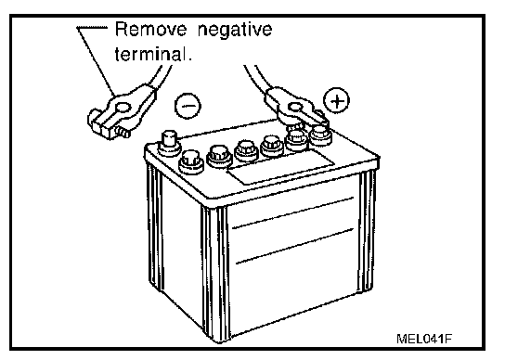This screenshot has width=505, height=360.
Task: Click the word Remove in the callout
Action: (150, 29)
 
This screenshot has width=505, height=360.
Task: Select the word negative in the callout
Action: (235, 30)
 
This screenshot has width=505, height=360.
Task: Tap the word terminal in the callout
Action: (150, 54)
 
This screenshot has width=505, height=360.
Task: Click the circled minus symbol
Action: (188, 106)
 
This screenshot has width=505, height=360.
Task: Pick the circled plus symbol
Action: (336, 100)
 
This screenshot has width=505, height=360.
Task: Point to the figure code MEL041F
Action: (424, 339)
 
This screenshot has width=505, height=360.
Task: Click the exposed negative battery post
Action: (169, 143)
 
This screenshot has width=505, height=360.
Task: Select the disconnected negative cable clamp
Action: (121, 111)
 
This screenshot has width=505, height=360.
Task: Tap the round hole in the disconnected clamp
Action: (123, 108)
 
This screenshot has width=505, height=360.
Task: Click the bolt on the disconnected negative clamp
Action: (122, 132)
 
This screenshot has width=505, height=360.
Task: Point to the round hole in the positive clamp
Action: (295, 108)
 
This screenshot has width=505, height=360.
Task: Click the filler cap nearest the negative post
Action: (191, 161)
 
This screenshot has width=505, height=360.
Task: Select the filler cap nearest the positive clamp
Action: (320, 135)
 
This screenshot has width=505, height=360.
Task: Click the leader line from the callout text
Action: (96, 61)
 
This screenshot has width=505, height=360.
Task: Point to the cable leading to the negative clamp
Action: (161, 77)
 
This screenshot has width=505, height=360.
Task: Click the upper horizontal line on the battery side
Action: (292, 212)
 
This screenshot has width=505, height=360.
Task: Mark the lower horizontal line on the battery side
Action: (294, 246)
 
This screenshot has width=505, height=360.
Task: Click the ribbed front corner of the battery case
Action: (214, 272)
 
